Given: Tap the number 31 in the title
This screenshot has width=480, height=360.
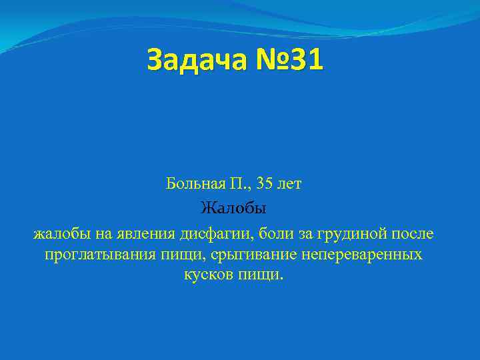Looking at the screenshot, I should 303,60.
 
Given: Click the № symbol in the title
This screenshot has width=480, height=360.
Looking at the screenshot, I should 270,60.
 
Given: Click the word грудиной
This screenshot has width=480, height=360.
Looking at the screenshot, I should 352,235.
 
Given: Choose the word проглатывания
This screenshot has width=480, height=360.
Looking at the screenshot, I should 93,255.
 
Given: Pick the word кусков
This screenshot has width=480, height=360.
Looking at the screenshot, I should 207,275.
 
